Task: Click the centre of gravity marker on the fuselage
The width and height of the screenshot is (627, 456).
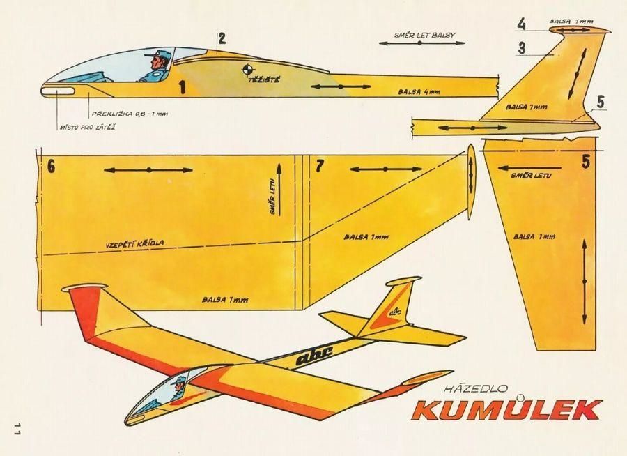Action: [248, 70]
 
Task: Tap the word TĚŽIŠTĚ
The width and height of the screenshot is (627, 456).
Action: [263, 79]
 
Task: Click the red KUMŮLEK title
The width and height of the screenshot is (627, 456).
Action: [507, 409]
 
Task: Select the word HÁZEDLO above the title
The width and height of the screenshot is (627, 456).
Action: [476, 388]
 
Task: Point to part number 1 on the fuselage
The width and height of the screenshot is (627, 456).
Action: [183, 87]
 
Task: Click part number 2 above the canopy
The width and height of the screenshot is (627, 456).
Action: [222, 39]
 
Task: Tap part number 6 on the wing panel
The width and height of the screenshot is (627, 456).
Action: [51, 167]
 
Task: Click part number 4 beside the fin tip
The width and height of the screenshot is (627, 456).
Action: [521, 24]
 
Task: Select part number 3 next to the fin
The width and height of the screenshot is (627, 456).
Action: [521, 48]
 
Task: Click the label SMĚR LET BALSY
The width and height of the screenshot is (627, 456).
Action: [424, 35]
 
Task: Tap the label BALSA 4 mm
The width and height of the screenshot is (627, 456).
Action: [419, 91]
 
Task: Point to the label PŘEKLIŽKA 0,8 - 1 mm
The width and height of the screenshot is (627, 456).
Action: [130, 114]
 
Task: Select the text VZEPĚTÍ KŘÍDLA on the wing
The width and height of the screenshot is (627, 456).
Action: [134, 244]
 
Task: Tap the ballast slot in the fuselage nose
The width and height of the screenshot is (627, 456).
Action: [58, 91]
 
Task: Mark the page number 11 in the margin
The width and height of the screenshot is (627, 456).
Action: [17, 427]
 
